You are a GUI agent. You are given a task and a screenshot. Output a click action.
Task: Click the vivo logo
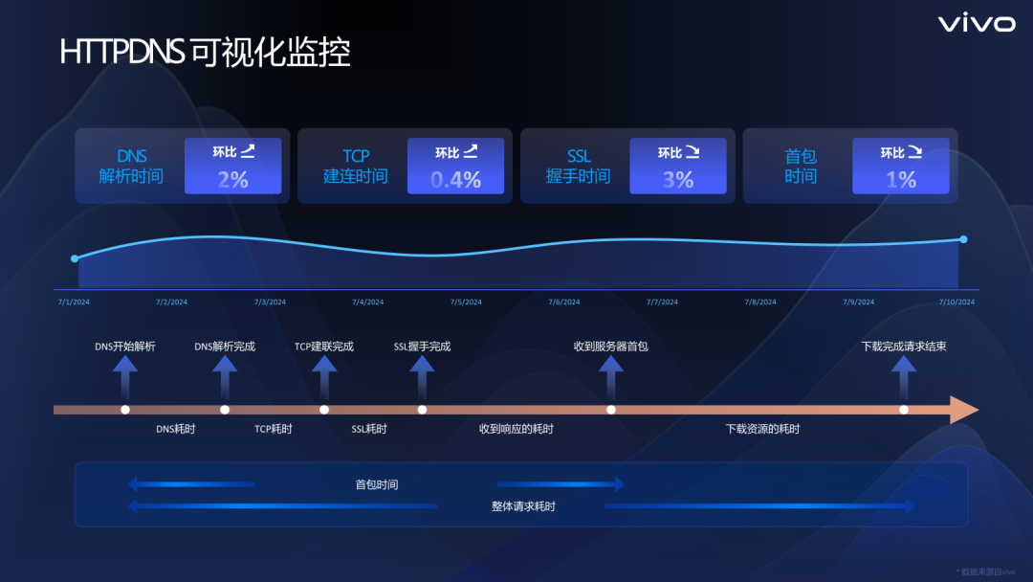[x=976, y=24]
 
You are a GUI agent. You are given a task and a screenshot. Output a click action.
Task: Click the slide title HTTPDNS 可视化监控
[x=205, y=53]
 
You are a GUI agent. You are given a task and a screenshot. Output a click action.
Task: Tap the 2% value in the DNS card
[x=232, y=179]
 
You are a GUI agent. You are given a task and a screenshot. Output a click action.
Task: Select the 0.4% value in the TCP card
[x=455, y=179]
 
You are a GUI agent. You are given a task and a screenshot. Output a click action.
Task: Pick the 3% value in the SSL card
[x=678, y=179]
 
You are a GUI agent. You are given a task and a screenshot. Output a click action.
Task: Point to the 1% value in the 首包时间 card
[x=901, y=179]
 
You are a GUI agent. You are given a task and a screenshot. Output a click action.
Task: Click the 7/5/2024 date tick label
[x=466, y=302]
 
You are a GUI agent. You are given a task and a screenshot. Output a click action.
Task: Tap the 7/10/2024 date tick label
[x=956, y=302]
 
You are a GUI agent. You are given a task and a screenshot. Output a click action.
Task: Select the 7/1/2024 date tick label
[x=74, y=302]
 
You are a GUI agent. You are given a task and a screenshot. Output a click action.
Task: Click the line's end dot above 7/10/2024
[x=963, y=239]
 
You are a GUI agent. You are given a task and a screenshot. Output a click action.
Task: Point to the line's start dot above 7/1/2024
[x=75, y=258]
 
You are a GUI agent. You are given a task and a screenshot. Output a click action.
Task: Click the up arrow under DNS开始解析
[x=125, y=377]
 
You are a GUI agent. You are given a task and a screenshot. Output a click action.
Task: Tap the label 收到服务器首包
[x=610, y=346]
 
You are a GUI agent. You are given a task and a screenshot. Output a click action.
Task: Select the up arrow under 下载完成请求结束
[x=904, y=377]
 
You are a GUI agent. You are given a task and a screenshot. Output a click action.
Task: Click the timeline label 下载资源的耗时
[x=762, y=429]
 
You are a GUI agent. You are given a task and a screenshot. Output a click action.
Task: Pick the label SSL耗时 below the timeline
[x=369, y=429]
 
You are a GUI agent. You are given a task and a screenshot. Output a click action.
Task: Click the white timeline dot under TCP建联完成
[x=324, y=410]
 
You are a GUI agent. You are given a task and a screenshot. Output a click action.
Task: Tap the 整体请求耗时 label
[x=523, y=506]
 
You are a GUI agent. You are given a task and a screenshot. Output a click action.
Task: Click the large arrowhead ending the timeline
[x=962, y=410]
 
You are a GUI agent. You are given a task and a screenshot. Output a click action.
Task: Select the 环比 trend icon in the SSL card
[x=692, y=151]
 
